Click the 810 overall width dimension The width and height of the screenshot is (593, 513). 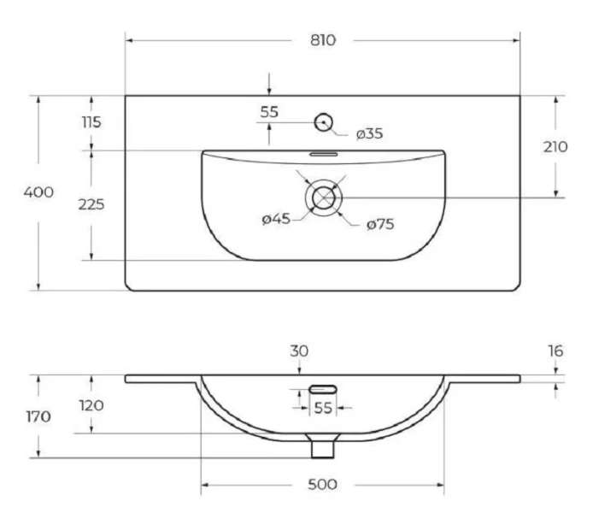[x=323, y=40]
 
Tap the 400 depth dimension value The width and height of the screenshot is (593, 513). [x=38, y=192]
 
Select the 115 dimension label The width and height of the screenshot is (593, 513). [x=91, y=122]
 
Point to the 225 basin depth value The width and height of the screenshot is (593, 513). [x=91, y=204]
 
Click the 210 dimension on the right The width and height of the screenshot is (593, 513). [x=555, y=147]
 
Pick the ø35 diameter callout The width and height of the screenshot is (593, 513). [x=369, y=133]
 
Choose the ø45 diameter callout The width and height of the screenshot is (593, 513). [x=276, y=219]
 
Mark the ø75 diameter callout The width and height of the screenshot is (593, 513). [x=380, y=224]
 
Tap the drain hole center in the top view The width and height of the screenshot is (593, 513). [x=324, y=198]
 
